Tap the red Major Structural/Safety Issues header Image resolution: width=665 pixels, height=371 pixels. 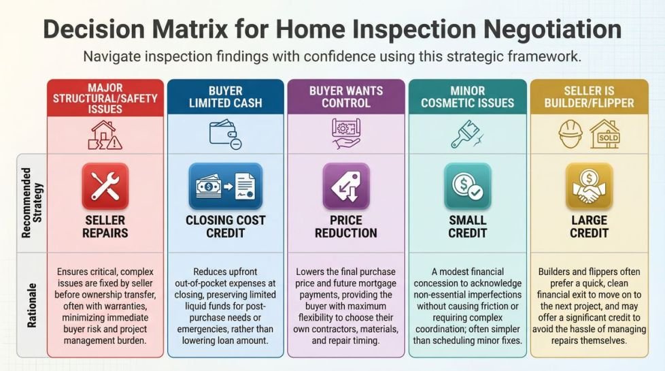pyautogui.click(x=105, y=98)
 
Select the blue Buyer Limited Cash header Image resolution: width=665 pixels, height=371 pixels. pyautogui.click(x=225, y=98)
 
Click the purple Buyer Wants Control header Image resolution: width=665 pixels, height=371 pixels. pyautogui.click(x=346, y=98)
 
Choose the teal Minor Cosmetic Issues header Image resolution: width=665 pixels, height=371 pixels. pyautogui.click(x=467, y=98)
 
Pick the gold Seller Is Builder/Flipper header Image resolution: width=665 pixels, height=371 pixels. pyautogui.click(x=588, y=98)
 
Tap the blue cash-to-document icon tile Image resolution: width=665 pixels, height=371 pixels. pyautogui.click(x=225, y=186)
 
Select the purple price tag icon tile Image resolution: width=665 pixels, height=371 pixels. pyautogui.click(x=346, y=186)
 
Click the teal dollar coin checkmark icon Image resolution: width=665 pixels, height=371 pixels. pyautogui.click(x=467, y=186)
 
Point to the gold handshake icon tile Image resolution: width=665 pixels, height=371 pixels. pyautogui.click(x=588, y=186)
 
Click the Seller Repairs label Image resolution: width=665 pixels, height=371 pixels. pyautogui.click(x=105, y=227)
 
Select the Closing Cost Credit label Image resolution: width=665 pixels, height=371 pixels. pyautogui.click(x=225, y=227)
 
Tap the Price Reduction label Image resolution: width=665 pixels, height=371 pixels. pyautogui.click(x=346, y=227)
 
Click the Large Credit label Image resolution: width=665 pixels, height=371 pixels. pyautogui.click(x=588, y=227)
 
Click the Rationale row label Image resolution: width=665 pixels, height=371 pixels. pyautogui.click(x=31, y=304)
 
